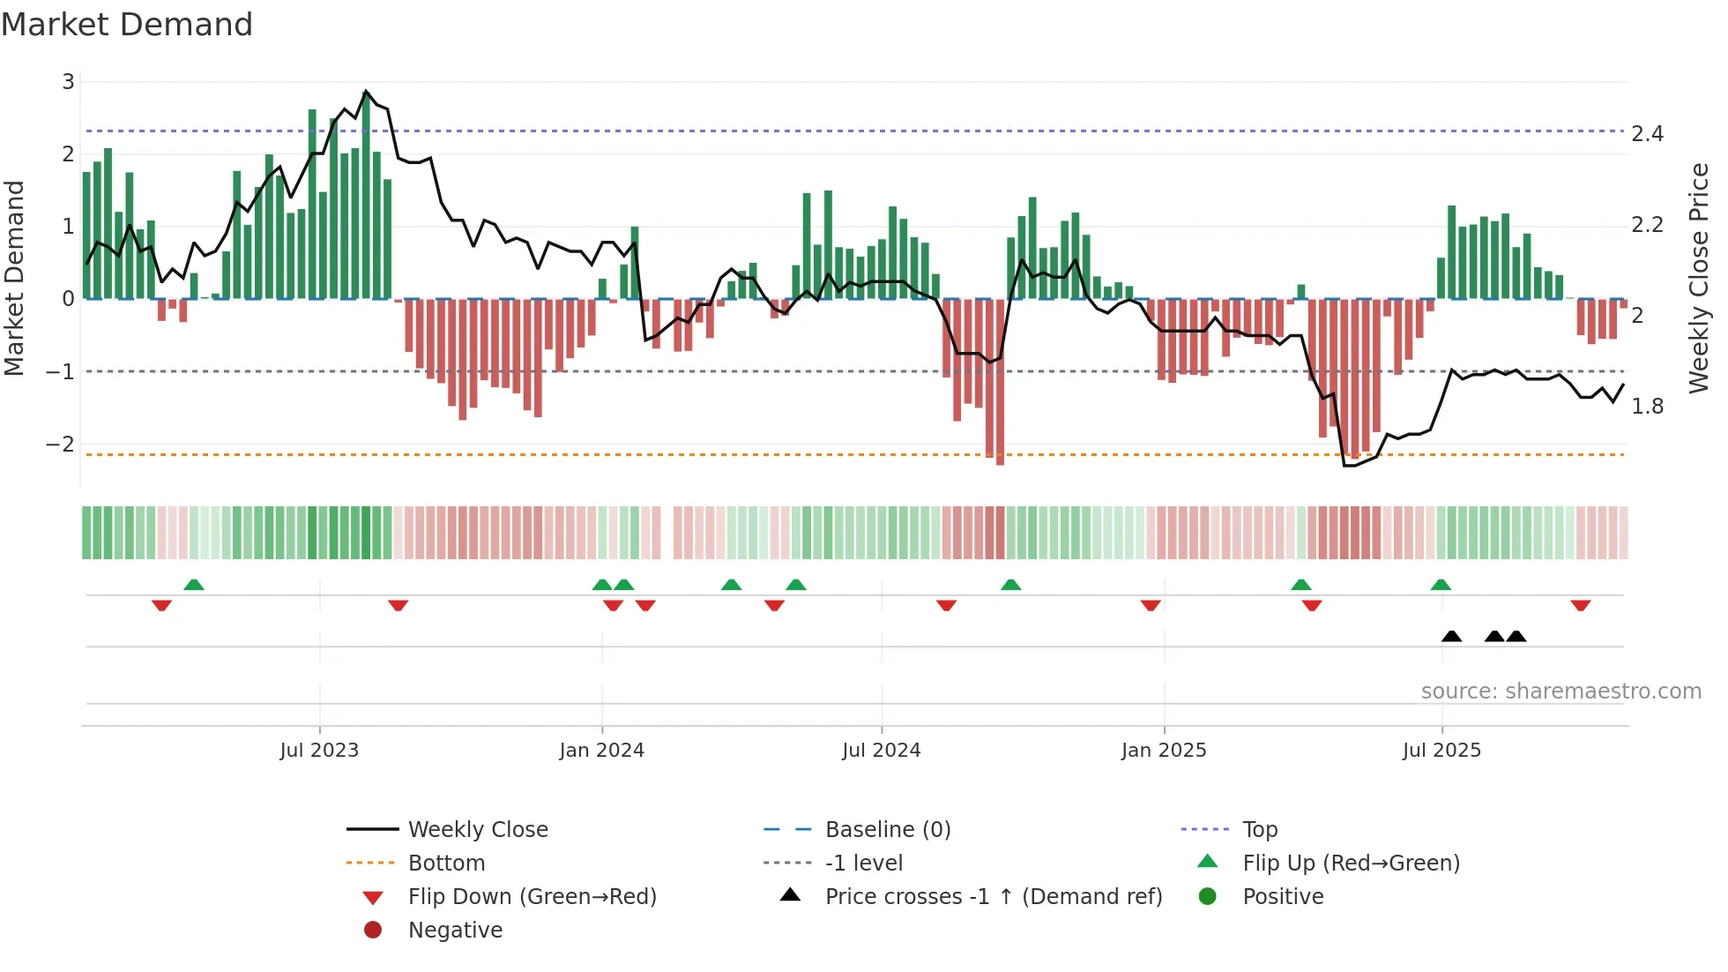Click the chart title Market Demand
tap(127, 25)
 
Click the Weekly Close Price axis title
tap(1698, 278)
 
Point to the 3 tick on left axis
tap(68, 82)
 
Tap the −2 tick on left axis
tap(61, 444)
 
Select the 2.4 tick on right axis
tap(1646, 134)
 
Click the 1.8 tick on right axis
tap(1646, 407)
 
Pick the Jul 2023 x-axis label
tap(319, 751)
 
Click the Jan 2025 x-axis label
tap(1163, 751)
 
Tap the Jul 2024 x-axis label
tap(881, 751)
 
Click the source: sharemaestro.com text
tap(1560, 692)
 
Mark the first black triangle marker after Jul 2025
tap(1451, 636)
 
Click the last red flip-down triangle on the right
tap(1580, 605)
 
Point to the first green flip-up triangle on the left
tap(194, 585)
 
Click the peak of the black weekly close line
tap(366, 91)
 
